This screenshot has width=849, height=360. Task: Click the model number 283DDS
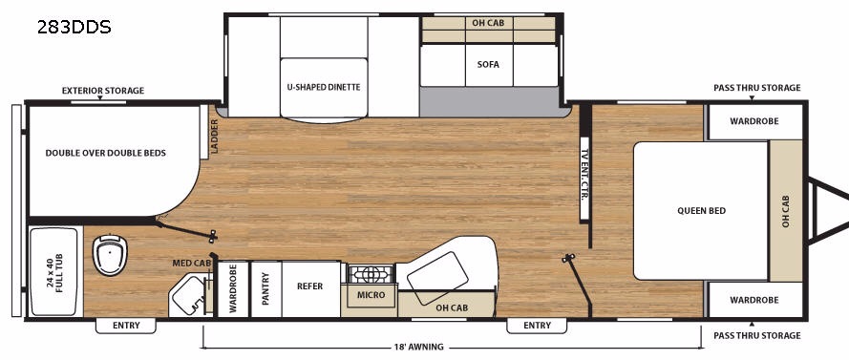74,27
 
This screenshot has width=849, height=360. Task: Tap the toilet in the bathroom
110,254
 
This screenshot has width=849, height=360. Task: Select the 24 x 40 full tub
53,272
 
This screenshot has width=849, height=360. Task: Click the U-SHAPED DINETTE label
324,87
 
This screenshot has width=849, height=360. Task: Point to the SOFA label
488,64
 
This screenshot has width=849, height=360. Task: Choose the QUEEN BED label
702,211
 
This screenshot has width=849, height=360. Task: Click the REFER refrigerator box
310,289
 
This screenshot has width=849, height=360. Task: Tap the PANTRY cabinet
265,289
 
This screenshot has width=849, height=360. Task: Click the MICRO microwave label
371,295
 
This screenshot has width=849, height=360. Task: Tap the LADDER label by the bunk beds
215,136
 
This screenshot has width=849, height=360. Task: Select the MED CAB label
192,264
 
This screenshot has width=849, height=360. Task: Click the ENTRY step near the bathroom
126,326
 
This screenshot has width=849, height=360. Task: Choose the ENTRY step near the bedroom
537,326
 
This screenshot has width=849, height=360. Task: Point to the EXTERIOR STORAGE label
103,91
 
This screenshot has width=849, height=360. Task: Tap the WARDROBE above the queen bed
754,121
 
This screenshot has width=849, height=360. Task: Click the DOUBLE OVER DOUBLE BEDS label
106,153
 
